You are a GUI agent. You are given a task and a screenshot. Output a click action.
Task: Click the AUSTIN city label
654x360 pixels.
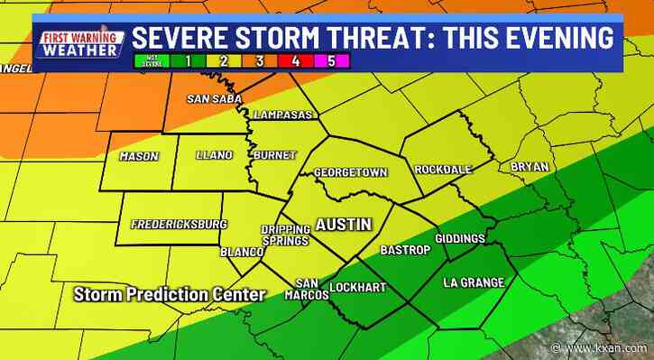tap(341, 223)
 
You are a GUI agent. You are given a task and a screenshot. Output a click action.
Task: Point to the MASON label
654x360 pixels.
tap(139, 156)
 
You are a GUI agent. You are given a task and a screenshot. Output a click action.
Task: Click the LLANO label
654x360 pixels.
tap(214, 156)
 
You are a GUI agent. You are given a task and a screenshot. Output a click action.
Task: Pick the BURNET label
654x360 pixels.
tap(274, 155)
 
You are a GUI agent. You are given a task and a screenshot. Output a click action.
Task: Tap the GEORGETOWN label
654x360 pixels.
tap(350, 171)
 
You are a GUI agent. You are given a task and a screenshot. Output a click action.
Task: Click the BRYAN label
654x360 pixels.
tap(529, 166)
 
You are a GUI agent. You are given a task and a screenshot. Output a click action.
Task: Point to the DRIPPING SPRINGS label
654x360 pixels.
tap(285, 235)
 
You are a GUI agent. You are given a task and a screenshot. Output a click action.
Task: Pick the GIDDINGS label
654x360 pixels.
tap(460, 238)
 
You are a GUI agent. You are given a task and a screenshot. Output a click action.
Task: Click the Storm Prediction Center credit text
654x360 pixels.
tap(170, 294)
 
